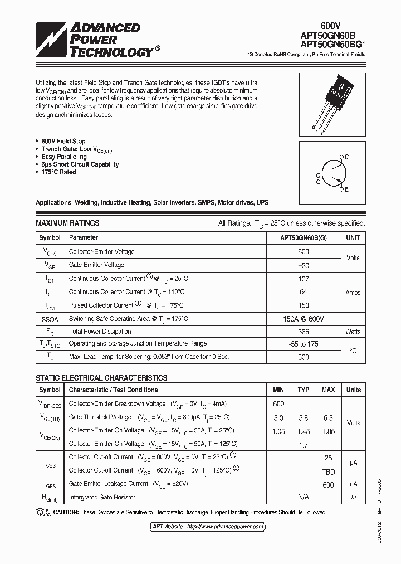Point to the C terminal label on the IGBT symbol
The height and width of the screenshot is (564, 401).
coord(346,158)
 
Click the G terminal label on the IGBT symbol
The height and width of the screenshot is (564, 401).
coord(318,175)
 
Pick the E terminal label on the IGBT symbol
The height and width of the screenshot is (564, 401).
coord(346,190)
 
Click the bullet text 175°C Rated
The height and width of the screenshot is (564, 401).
coord(58,172)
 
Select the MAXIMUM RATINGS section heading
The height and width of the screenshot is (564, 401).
coord(67,223)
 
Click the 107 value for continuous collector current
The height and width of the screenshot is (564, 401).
coord(304,278)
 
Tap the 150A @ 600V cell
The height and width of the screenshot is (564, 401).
coord(304,318)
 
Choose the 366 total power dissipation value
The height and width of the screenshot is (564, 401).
coord(304,332)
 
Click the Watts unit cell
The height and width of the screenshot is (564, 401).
coord(353,332)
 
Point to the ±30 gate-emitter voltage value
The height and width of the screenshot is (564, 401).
coord(304,265)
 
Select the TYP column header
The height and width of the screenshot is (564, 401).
coord(304,390)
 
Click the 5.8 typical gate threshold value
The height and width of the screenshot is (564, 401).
coord(304,417)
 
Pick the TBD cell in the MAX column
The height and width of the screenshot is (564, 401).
coord(328,470)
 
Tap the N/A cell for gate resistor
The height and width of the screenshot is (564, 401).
coord(304,497)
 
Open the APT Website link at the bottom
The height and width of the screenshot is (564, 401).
coord(208,527)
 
